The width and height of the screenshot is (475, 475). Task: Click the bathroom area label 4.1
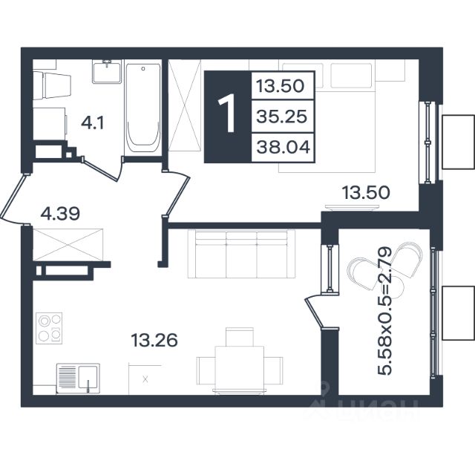tap(92, 123)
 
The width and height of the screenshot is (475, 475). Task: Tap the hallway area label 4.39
tap(60, 214)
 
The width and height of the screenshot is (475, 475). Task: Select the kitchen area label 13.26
tap(154, 340)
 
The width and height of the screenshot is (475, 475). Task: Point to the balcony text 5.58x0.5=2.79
tap(384, 312)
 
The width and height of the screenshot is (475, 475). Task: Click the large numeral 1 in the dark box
tap(227, 113)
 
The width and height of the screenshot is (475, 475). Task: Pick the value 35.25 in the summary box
tap(282, 117)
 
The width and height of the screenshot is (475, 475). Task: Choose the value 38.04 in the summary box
tap(284, 148)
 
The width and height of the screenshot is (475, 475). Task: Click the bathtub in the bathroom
tap(142, 108)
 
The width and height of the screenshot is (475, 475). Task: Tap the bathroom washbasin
tap(107, 71)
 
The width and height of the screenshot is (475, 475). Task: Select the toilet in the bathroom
tap(52, 85)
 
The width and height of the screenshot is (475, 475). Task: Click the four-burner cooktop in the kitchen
tap(49, 328)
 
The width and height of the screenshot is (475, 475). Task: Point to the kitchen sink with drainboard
tap(78, 379)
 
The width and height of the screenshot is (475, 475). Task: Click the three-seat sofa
tap(241, 254)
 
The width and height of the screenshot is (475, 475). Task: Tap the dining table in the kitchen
tap(239, 370)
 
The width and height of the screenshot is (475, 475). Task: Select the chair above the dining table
tap(240, 337)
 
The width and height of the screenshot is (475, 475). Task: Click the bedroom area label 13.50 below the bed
tap(366, 193)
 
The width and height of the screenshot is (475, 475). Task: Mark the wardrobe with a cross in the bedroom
tap(185, 105)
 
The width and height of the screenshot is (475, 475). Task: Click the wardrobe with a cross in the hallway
tap(68, 245)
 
